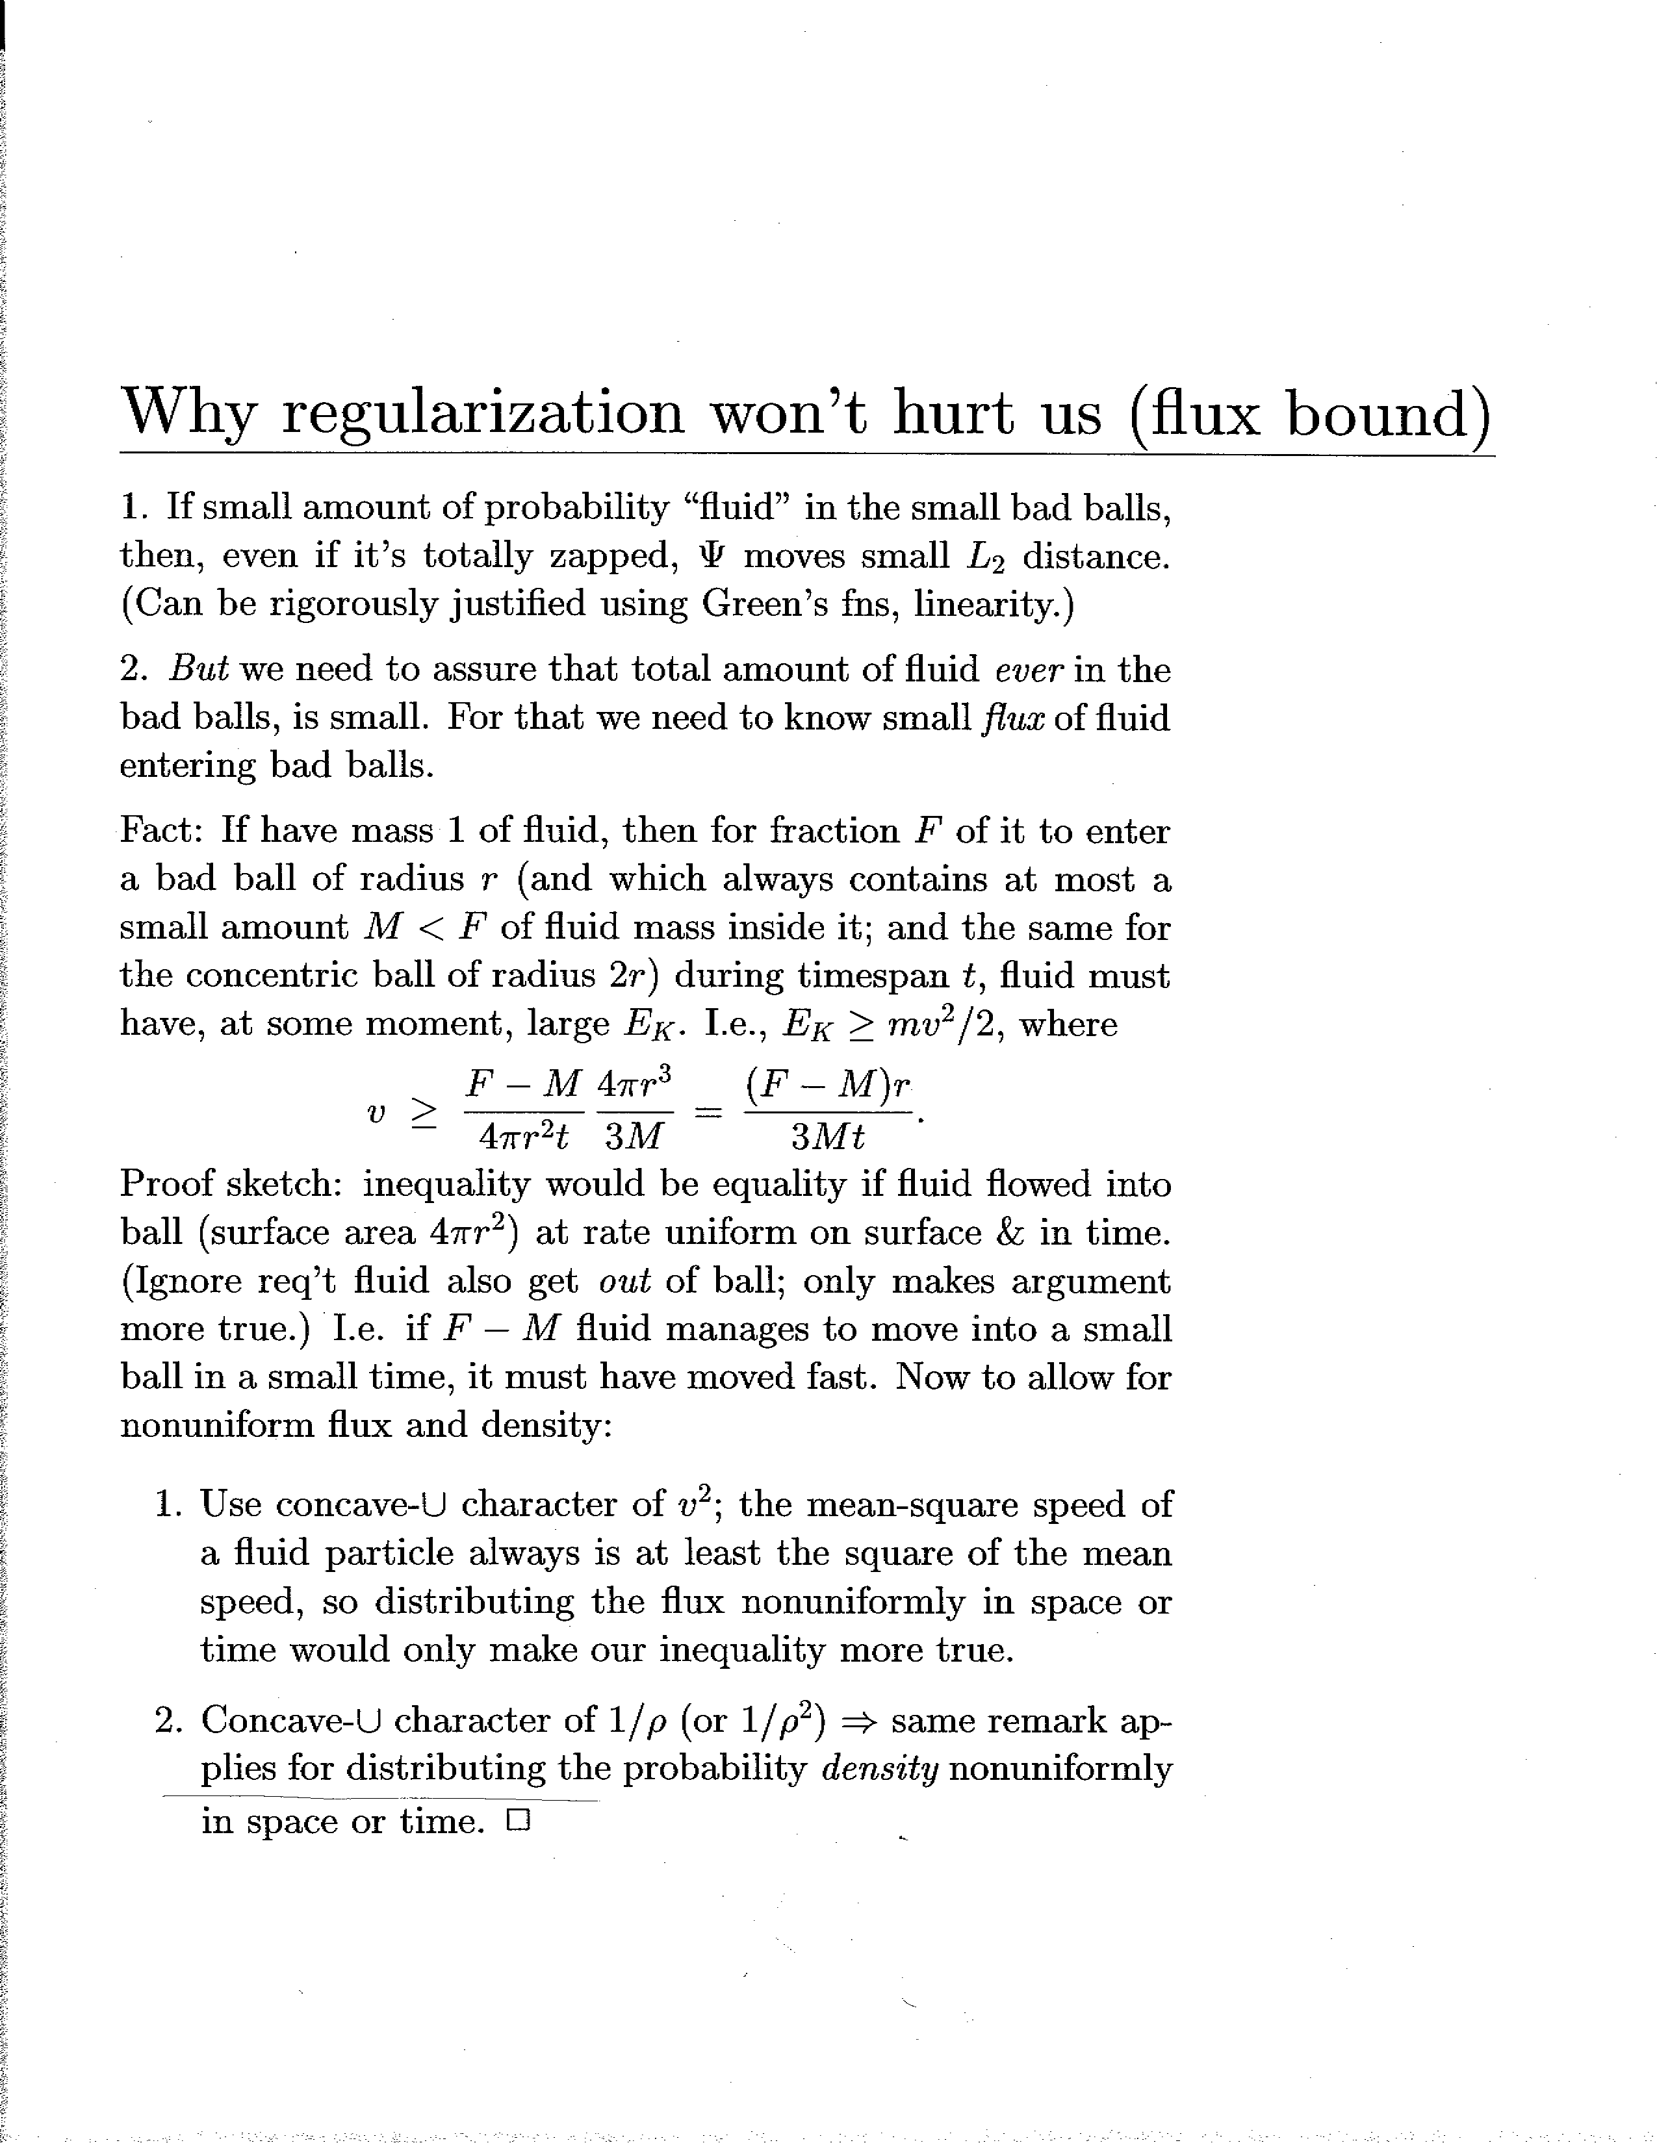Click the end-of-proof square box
tap(519, 1822)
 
